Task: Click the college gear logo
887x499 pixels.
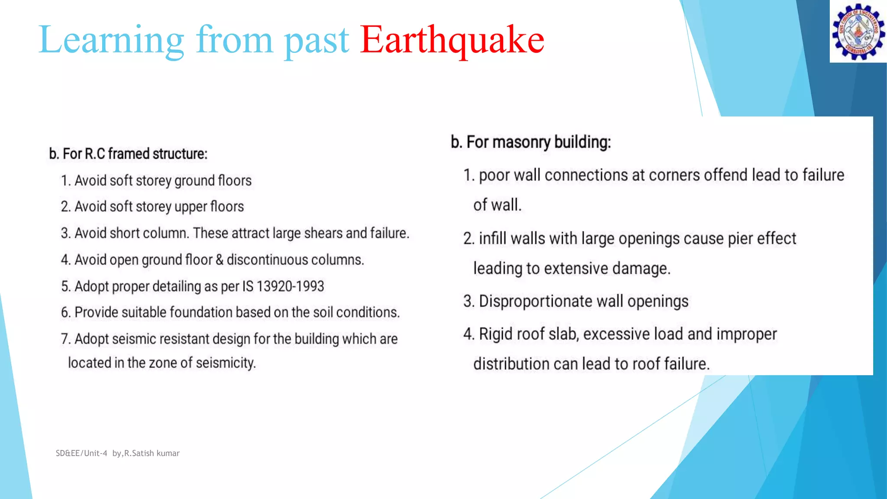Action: coord(858,31)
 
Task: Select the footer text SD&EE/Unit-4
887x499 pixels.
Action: coord(81,453)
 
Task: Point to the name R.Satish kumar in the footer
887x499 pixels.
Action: coord(152,453)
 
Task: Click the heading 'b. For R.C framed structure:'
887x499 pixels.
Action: coord(128,154)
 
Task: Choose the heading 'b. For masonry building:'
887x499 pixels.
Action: coord(531,142)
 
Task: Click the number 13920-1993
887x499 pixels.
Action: coord(290,286)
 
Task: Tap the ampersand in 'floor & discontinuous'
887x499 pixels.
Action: coord(220,260)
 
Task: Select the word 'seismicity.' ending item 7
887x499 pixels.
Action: coord(226,363)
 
